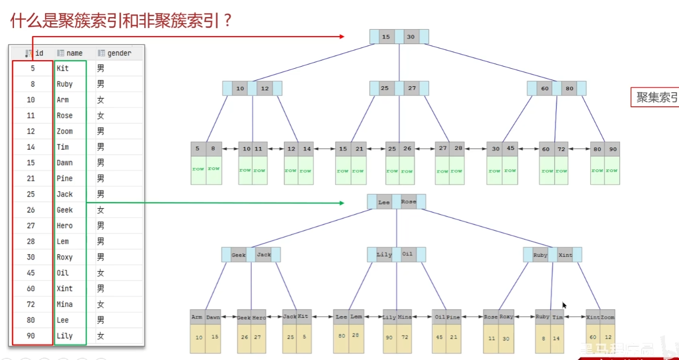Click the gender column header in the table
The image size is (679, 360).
tap(119, 53)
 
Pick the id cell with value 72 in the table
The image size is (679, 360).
tap(31, 304)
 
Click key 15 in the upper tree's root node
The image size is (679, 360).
tap(386, 37)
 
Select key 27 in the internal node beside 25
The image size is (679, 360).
tap(412, 88)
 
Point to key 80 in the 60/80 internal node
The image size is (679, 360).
tap(569, 89)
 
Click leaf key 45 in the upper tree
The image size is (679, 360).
tap(510, 149)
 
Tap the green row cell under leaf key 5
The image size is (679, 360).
tap(198, 169)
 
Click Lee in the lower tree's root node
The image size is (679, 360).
tap(384, 202)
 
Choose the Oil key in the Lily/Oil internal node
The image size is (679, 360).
tap(408, 254)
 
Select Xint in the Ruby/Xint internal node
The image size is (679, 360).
tap(565, 255)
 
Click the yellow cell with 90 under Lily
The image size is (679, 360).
tap(389, 337)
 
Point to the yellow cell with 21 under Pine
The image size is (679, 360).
tap(453, 337)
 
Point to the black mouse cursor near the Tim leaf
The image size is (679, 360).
tap(564, 305)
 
